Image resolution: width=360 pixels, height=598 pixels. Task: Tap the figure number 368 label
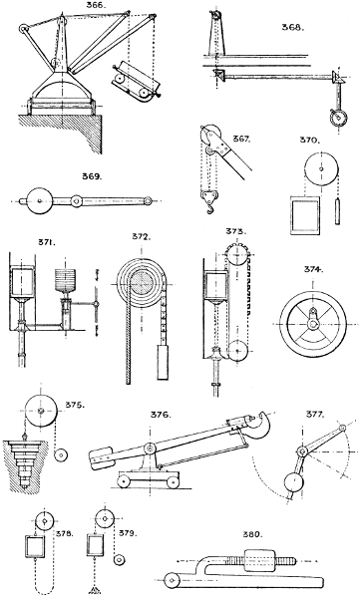tap(293, 27)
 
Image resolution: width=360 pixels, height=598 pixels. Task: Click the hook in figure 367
tap(210, 208)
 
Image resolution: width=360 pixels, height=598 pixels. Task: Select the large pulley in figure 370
tap(321, 169)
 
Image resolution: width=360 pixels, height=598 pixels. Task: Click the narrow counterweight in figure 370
tap(337, 211)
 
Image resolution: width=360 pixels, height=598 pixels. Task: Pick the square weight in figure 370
tap(305, 215)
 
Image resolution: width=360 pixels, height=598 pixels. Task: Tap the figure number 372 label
tap(142, 236)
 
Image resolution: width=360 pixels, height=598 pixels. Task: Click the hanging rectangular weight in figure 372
tap(163, 361)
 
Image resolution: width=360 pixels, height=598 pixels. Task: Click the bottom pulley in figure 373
tap(238, 350)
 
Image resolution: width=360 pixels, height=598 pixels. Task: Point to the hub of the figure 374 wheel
tap(314, 324)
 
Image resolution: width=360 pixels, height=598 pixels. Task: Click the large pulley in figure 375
tap(41, 411)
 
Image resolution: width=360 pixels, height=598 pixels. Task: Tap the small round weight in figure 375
tap(61, 454)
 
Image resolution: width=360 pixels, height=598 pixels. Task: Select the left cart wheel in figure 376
tap(124, 482)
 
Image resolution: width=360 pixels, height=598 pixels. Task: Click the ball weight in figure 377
tap(295, 484)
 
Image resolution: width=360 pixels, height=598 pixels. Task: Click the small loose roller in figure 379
tap(120, 560)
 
